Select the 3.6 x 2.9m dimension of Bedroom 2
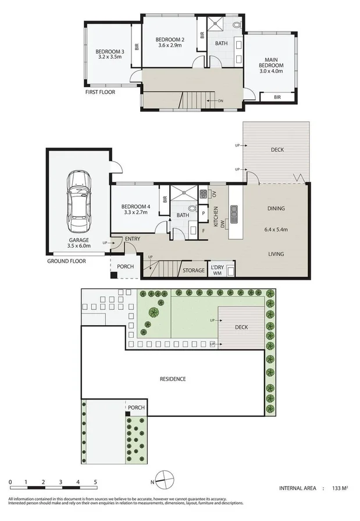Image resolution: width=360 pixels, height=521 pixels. click(x=170, y=47)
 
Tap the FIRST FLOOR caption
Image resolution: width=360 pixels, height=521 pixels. click(x=101, y=92)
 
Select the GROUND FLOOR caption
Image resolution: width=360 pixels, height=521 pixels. click(x=66, y=261)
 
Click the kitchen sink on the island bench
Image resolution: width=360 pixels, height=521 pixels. click(x=234, y=214)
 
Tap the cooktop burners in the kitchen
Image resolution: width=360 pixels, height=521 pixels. click(x=204, y=194)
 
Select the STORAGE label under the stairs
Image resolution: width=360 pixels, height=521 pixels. click(x=194, y=270)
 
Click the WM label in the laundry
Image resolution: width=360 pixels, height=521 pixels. click(x=217, y=273)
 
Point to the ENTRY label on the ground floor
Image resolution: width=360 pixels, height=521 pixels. click(x=132, y=238)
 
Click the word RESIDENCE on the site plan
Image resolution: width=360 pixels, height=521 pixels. click(x=173, y=379)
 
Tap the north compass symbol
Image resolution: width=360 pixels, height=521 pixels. click(x=166, y=481)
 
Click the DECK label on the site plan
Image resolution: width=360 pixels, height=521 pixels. click(x=241, y=327)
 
